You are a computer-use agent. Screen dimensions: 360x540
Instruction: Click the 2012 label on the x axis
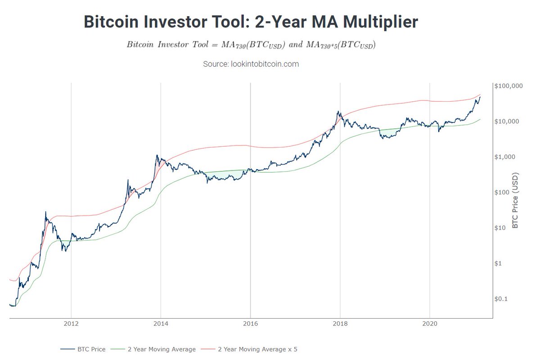pyautogui.click(x=71, y=324)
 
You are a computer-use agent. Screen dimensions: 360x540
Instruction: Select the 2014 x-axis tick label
pyautogui.click(x=161, y=324)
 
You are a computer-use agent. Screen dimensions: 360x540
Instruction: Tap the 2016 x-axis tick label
pyautogui.click(x=250, y=324)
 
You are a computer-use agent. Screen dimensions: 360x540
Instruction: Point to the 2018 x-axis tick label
pyautogui.click(x=340, y=324)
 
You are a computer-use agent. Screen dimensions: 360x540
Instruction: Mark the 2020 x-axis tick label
pyautogui.click(x=430, y=324)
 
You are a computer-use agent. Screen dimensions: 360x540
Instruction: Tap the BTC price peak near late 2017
pyautogui.click(x=337, y=112)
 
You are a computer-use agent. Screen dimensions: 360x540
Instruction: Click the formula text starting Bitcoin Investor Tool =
pyautogui.click(x=251, y=45)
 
